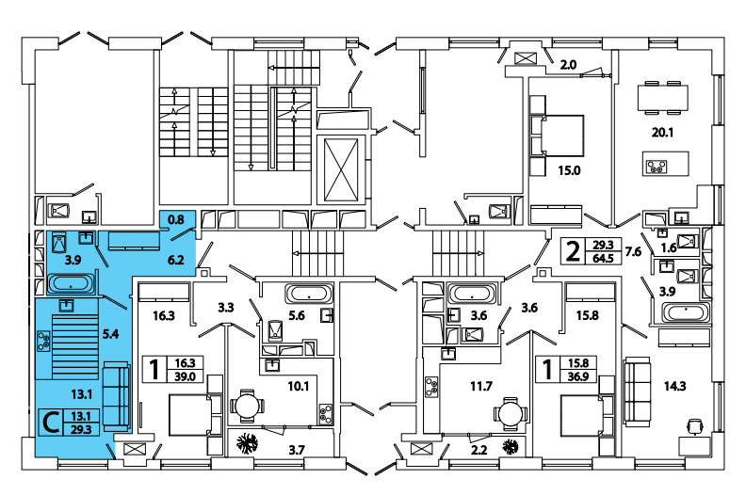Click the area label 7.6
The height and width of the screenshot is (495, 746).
[633, 251]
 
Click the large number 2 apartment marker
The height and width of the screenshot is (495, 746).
[571, 251]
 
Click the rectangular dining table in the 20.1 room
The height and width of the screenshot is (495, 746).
[665, 97]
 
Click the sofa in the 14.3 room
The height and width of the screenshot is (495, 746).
[638, 385]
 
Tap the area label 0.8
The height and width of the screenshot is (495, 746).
[175, 220]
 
